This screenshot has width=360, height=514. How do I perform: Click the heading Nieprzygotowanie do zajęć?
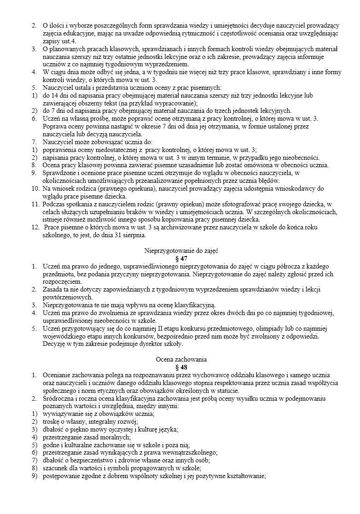pyautogui.click(x=181, y=251)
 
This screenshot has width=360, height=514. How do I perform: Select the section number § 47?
pyautogui.click(x=181, y=259)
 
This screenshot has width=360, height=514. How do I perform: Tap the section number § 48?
pyautogui.click(x=181, y=367)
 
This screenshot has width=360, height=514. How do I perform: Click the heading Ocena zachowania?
pyautogui.click(x=181, y=359)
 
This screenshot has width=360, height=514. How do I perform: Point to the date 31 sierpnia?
pyautogui.click(x=129, y=235)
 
